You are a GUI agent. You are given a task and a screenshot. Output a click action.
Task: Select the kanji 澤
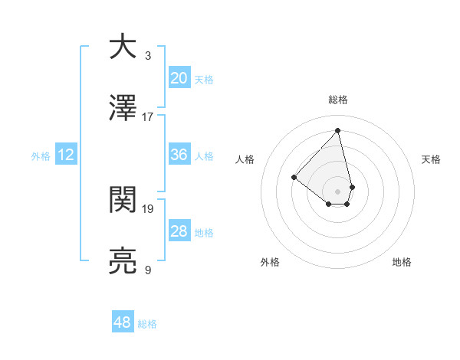(x=123, y=108)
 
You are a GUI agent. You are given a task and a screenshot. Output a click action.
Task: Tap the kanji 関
(x=123, y=199)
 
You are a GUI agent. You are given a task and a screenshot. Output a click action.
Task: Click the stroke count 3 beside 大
(x=148, y=55)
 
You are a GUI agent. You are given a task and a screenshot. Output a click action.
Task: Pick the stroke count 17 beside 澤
(x=148, y=117)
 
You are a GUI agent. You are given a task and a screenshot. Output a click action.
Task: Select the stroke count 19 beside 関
(x=148, y=208)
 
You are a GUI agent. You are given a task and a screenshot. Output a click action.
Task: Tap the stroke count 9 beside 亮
(x=148, y=270)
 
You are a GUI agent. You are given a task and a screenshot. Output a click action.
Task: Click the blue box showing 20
(x=179, y=77)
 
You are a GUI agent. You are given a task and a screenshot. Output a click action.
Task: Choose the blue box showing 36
(x=179, y=154)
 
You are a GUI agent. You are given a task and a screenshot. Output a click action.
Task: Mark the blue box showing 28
(x=179, y=231)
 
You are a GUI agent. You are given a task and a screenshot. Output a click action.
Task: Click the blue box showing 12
(x=66, y=155)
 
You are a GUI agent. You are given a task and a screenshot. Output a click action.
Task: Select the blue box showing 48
(x=123, y=322)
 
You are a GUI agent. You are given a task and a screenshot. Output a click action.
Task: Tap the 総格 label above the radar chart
(x=337, y=100)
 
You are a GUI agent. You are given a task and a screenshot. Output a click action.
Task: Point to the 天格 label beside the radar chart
(x=431, y=159)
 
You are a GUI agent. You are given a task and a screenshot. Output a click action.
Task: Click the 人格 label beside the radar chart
(x=245, y=159)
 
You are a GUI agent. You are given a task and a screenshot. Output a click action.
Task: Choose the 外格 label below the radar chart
(x=270, y=262)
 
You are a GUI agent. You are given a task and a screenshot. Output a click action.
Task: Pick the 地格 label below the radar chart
(x=402, y=262)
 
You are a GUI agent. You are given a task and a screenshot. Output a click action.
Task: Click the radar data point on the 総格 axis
(x=337, y=130)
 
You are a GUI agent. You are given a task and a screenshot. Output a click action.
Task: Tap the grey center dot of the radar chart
(x=337, y=191)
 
